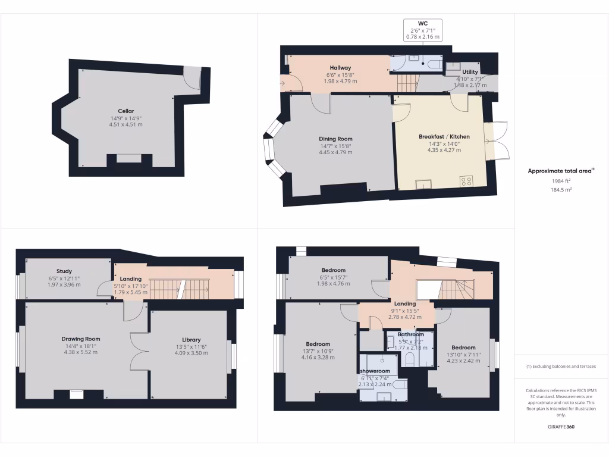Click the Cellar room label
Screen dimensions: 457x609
point(125,111)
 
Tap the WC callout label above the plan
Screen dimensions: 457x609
point(423,24)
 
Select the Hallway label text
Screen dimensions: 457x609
point(340,68)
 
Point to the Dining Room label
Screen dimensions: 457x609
point(337,139)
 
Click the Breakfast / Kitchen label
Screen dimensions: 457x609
point(444,136)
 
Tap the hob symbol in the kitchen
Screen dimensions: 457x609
point(466,181)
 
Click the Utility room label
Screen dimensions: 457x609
point(470,72)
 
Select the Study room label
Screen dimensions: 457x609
point(64,271)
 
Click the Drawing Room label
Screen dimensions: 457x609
point(81,339)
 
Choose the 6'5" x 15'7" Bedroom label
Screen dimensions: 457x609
point(334,270)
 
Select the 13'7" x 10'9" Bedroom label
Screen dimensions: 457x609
point(318,344)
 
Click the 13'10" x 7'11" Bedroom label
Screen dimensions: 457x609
point(463,348)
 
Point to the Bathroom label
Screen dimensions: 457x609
point(411,334)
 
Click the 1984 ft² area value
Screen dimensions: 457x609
point(561,181)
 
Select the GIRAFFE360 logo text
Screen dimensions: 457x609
point(561,427)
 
